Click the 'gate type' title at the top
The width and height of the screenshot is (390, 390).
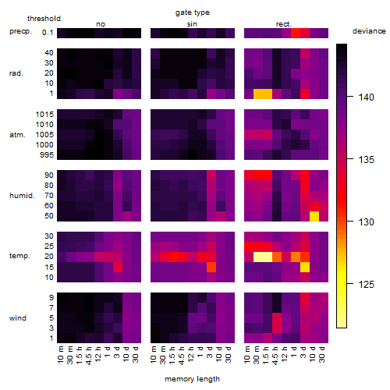tap(193, 12)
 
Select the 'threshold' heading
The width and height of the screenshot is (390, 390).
tap(44, 19)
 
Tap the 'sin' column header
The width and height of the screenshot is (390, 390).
tap(192, 24)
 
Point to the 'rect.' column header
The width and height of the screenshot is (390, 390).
tap(283, 24)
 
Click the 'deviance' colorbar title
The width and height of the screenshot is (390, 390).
tap(369, 31)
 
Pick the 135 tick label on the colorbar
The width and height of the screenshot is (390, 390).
tap(367, 159)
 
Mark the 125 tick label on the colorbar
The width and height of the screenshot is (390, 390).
tap(367, 284)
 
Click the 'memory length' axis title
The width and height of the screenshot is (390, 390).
tap(192, 379)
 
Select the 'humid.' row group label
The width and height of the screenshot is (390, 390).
tap(22, 195)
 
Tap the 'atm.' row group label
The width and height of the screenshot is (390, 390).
tap(17, 135)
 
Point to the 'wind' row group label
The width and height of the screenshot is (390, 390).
tap(18, 317)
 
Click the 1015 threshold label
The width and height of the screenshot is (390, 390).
tap(44, 114)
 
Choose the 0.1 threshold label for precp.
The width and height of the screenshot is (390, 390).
tap(48, 33)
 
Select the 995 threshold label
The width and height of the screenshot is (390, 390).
tap(47, 155)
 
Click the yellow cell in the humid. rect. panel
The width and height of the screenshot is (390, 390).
tap(314, 216)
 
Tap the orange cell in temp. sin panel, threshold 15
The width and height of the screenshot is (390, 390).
tap(211, 267)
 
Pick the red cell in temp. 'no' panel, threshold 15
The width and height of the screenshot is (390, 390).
tap(118, 267)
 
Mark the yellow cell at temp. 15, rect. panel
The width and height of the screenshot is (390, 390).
tap(305, 267)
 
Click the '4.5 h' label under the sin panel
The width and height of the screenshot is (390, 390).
tap(182, 355)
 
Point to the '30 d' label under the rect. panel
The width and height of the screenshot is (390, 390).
tap(322, 354)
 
